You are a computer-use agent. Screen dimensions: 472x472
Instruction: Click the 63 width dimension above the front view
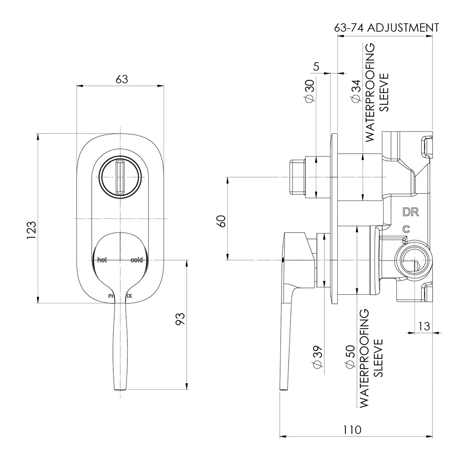122,79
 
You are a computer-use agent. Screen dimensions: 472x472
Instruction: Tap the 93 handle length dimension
181,318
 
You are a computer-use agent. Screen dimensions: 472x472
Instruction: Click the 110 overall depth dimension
352,430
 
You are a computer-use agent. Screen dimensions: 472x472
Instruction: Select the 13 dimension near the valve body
424,326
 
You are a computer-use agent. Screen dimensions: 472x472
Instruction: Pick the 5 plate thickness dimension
317,67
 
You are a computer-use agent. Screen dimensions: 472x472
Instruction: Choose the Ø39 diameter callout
318,357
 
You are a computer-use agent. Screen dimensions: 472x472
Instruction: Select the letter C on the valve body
405,229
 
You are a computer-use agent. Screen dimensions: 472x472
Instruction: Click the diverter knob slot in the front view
121,177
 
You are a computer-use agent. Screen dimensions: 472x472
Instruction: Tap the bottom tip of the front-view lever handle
121,388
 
